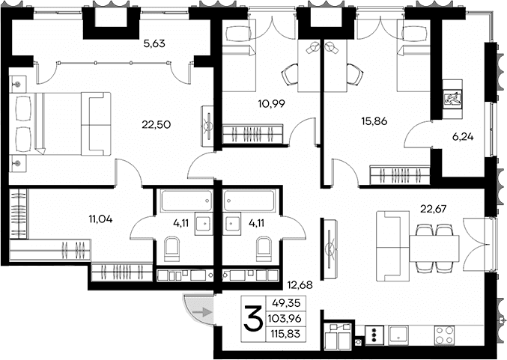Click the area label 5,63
[x=154, y=43]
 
